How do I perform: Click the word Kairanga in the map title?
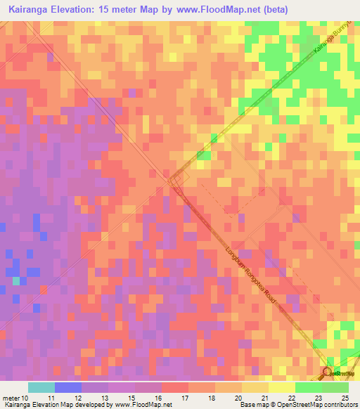pos(32,10)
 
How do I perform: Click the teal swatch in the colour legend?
pos(41,387)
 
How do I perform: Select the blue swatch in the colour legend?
pos(68,387)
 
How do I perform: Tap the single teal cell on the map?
pos(16,281)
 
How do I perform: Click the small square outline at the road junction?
pos(177,180)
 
